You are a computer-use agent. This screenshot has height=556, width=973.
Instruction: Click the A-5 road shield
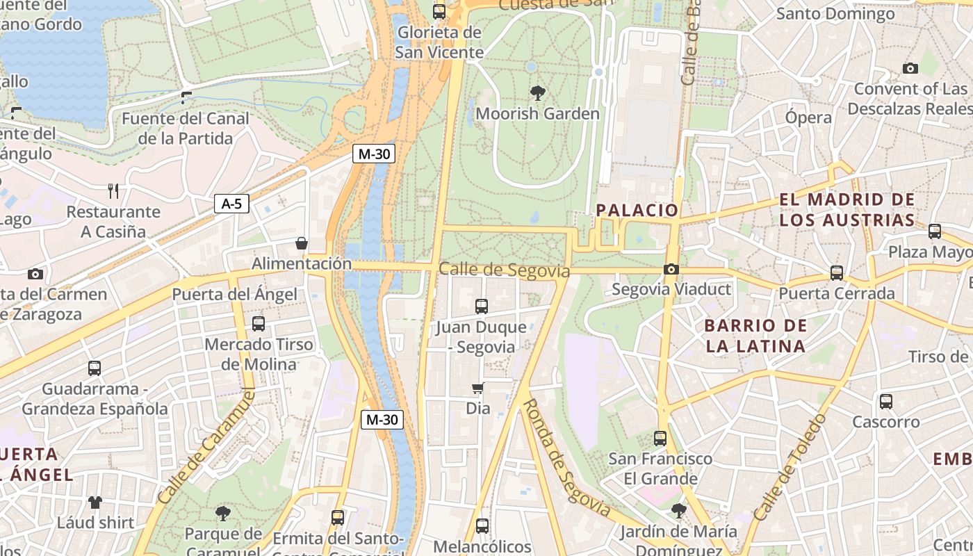(x=231, y=204)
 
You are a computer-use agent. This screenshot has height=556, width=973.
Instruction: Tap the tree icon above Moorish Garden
(x=537, y=92)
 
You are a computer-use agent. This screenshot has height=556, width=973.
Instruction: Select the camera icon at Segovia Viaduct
(x=671, y=269)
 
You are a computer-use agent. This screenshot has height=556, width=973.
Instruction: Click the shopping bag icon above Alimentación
(x=302, y=243)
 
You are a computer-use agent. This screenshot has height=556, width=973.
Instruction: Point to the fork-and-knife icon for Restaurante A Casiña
(x=113, y=190)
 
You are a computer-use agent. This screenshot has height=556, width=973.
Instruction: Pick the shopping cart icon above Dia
(x=477, y=388)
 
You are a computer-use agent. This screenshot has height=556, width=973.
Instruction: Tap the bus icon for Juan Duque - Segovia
(x=481, y=306)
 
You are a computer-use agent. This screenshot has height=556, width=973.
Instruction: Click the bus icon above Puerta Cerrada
(x=837, y=272)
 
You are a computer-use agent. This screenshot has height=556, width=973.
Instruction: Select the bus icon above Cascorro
(x=885, y=401)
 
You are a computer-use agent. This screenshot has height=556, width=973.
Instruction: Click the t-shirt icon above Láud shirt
(x=95, y=501)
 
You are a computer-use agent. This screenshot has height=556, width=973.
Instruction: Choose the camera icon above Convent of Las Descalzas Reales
(x=910, y=68)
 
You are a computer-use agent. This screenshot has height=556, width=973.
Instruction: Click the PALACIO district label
(x=637, y=210)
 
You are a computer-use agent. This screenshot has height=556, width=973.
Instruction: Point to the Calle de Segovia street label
(x=505, y=270)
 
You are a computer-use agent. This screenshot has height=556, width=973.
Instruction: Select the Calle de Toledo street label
(x=790, y=467)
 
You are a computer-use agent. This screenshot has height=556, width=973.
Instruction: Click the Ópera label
(x=808, y=117)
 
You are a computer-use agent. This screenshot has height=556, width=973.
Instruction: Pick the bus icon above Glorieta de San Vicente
(x=439, y=11)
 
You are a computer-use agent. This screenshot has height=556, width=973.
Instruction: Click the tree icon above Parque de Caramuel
(x=223, y=514)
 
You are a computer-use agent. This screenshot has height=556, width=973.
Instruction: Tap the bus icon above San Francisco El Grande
(x=660, y=439)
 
